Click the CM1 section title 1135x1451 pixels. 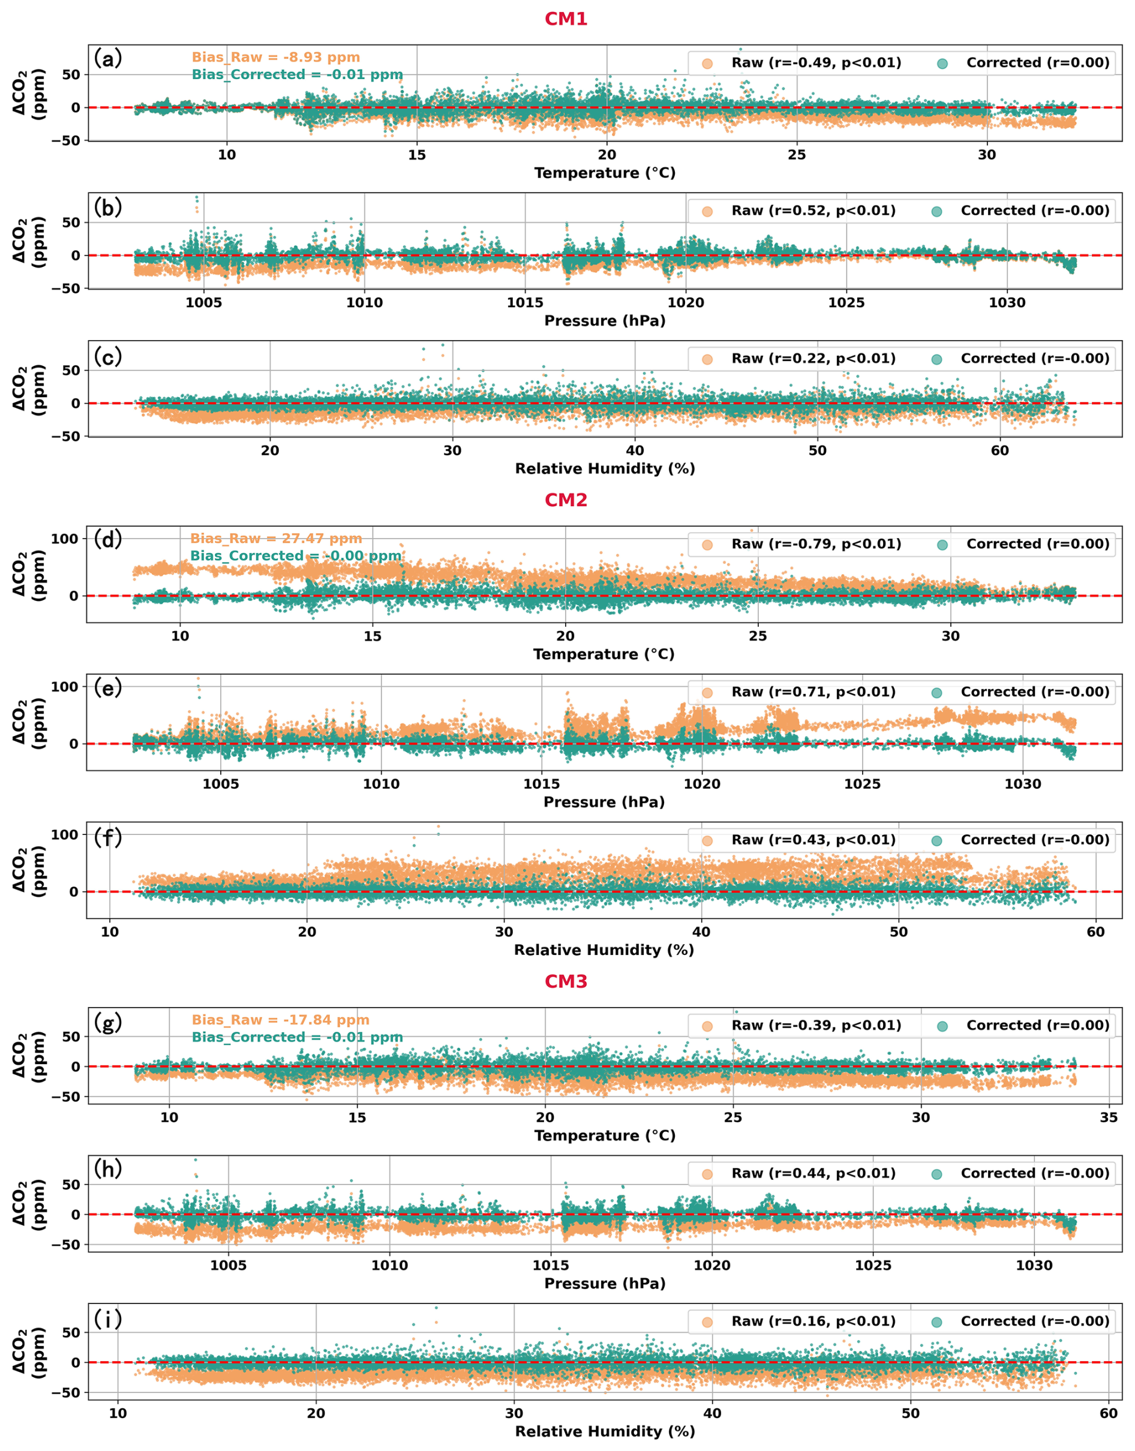pos(566,19)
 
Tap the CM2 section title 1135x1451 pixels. pos(566,500)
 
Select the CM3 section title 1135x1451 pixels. pos(566,981)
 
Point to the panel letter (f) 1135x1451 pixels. pos(107,837)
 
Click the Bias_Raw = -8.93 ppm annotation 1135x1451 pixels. pos(276,57)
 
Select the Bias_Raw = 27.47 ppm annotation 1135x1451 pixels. pos(276,538)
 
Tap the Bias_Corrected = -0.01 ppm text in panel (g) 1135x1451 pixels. pos(297,1037)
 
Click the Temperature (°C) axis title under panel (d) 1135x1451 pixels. pos(603,654)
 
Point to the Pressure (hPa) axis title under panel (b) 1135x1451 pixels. pos(605,321)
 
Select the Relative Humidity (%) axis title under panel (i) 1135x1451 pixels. pos(605,1431)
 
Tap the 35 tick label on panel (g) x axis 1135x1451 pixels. pos(1109,1117)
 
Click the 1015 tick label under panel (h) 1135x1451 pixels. pos(551,1265)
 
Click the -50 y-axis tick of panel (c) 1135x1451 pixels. pos(66,437)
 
